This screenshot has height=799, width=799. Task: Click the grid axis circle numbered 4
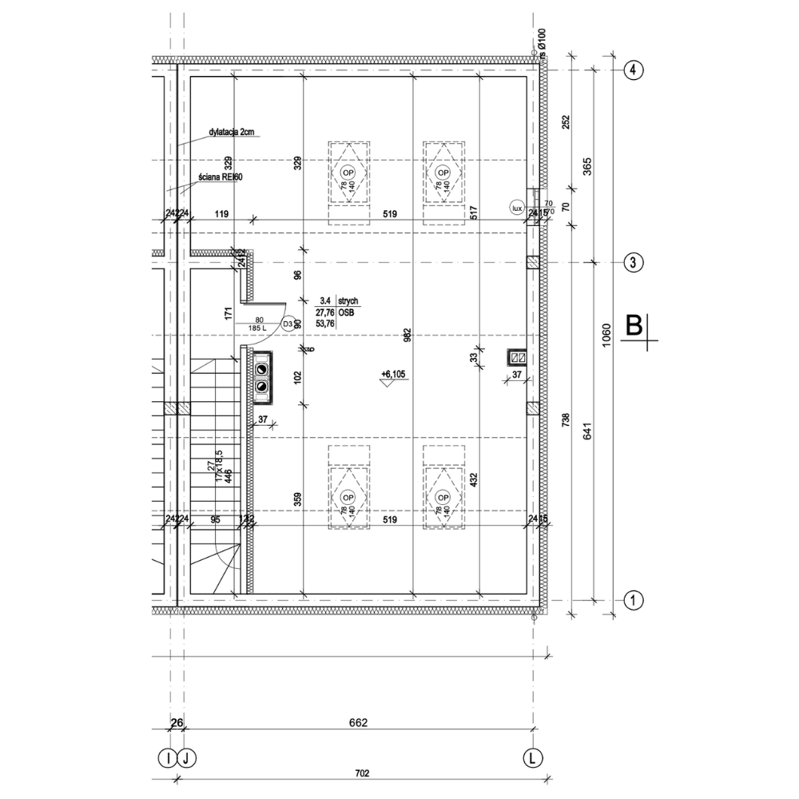(632, 70)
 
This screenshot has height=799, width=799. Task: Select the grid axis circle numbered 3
(632, 262)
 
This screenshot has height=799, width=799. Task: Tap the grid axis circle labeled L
(531, 756)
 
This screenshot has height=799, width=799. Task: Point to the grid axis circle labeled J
(185, 756)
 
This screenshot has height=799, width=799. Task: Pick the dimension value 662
(357, 724)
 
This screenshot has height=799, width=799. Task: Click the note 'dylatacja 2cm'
(232, 133)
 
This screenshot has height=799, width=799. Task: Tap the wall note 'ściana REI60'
(221, 177)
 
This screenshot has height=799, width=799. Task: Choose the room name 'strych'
(348, 300)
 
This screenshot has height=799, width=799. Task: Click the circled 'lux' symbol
(517, 208)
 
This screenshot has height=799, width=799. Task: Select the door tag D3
(288, 324)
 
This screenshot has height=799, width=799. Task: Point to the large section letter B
(634, 325)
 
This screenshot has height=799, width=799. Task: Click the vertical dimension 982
(407, 336)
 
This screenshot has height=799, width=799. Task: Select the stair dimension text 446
(229, 478)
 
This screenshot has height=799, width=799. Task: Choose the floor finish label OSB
(346, 312)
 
